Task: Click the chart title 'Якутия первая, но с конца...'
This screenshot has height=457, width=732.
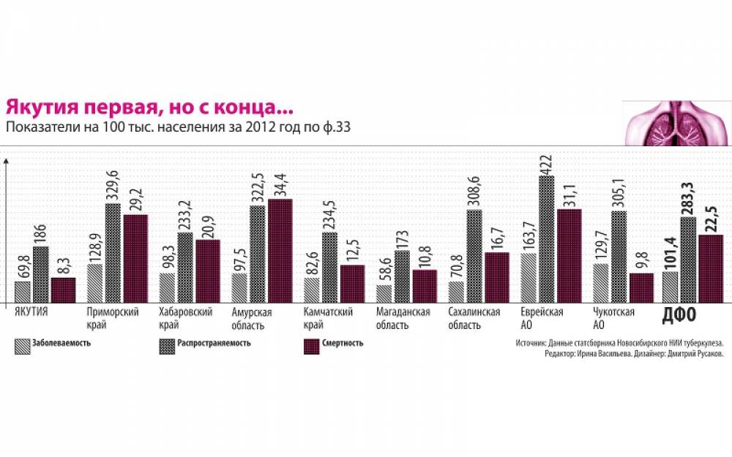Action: (x=149, y=107)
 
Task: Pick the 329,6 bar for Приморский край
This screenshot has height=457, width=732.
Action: (x=113, y=252)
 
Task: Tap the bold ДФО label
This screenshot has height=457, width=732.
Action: (x=679, y=316)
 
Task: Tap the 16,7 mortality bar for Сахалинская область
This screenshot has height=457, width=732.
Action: (x=497, y=277)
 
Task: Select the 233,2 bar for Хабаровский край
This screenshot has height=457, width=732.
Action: (x=184, y=267)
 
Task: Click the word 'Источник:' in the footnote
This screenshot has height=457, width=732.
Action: (x=531, y=341)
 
